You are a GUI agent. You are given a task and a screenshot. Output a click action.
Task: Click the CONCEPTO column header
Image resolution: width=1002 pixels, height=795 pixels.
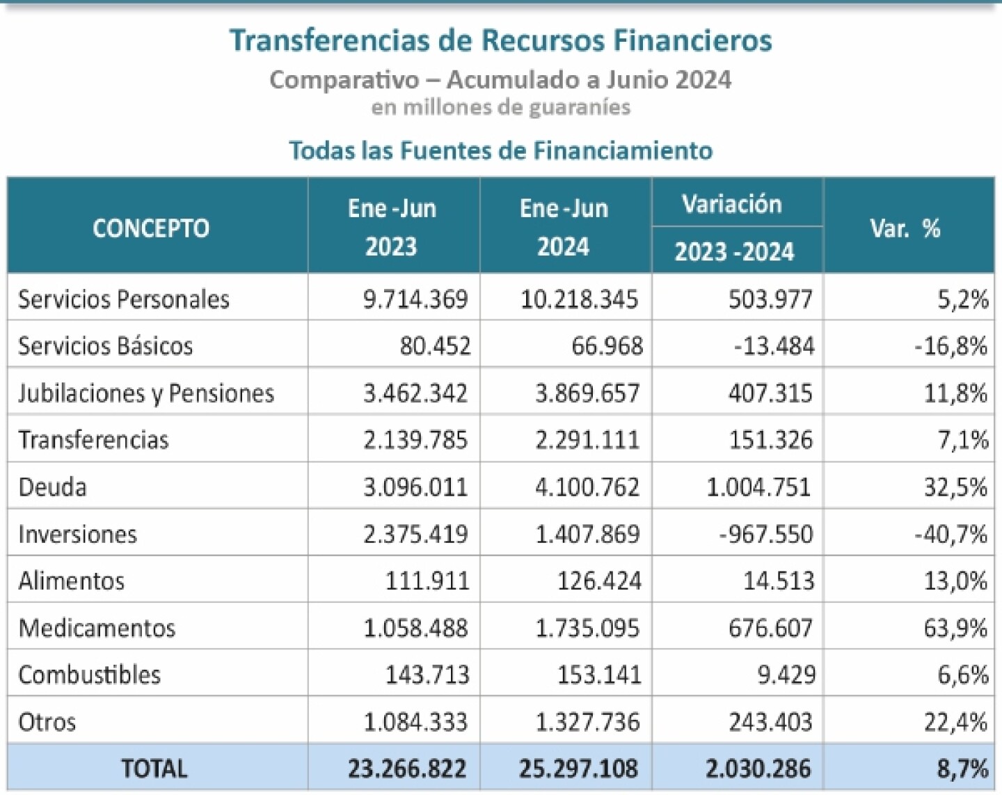click(x=151, y=228)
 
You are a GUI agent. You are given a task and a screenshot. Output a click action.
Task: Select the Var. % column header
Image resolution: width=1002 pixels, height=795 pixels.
click(x=905, y=228)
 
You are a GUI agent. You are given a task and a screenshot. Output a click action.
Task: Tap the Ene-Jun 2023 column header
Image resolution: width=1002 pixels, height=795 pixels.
click(x=392, y=227)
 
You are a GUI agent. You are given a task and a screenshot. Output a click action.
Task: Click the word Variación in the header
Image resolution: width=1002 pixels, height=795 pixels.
click(x=731, y=204)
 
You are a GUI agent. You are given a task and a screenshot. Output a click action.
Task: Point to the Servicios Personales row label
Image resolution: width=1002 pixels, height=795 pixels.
click(x=124, y=299)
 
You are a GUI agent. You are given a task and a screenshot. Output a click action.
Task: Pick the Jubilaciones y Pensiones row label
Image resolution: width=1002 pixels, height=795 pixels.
click(x=146, y=393)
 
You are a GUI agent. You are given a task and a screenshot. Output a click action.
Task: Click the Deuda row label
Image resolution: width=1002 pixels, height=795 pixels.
click(x=53, y=487)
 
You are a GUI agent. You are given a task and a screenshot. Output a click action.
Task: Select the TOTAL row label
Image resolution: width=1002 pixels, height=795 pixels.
click(x=154, y=769)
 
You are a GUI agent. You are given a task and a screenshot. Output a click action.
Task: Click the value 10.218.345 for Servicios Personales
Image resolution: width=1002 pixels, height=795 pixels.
click(x=579, y=299)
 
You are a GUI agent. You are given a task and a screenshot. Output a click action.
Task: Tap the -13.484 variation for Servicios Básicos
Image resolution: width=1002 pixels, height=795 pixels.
click(x=774, y=346)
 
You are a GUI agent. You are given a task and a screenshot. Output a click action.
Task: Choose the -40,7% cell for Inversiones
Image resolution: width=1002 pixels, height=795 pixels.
click(x=951, y=535)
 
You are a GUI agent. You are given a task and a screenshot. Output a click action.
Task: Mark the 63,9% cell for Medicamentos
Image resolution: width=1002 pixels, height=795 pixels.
click(x=955, y=628)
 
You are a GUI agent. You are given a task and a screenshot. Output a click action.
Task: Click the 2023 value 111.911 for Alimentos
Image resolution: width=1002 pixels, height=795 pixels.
click(x=427, y=581)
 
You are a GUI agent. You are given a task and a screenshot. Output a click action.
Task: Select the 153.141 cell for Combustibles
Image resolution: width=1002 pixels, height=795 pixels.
click(x=599, y=675)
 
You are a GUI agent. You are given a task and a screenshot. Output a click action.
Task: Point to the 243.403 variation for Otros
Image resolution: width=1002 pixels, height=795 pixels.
click(x=770, y=722)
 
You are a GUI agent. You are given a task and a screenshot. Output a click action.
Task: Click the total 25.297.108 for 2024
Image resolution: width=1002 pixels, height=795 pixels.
click(x=578, y=769)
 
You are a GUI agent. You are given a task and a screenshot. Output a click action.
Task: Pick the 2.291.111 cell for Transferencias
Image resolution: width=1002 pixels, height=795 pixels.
click(x=587, y=440)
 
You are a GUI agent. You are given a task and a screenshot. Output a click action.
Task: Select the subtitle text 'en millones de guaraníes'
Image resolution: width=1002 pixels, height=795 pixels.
click(x=500, y=107)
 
